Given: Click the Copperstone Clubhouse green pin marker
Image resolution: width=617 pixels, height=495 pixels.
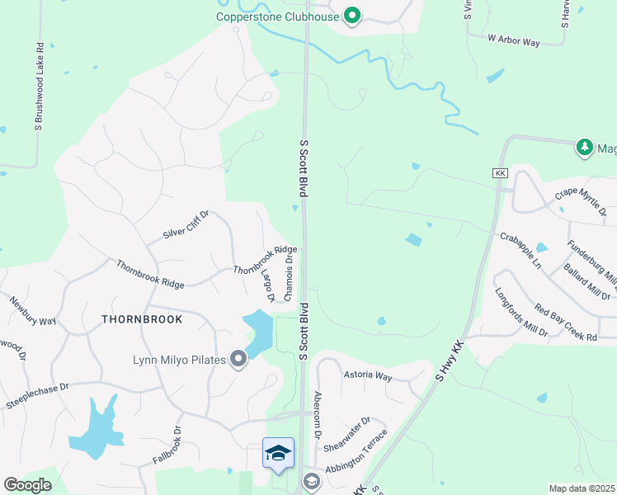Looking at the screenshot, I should coord(352,16).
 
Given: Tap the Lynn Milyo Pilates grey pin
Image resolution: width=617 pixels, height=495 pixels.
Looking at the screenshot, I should coord(238,359).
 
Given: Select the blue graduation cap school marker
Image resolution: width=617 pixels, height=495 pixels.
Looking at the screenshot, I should coord(278,453).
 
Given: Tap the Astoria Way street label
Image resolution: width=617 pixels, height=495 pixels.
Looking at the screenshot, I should coord(368,375).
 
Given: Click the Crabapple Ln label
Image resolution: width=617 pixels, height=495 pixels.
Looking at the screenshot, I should coord(520,249).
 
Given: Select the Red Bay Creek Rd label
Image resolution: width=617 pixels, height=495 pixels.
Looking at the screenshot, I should coord(565,320).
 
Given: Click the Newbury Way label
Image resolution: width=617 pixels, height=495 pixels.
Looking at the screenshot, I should coord(32,309).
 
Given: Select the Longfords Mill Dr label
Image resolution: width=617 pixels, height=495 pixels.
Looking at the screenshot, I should coord(520,312).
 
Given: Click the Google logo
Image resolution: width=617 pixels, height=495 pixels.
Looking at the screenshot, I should coord(27,485).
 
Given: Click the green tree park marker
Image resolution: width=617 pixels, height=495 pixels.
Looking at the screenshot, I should coord(585,147).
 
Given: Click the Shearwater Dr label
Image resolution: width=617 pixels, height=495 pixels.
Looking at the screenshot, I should coord(343,436).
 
